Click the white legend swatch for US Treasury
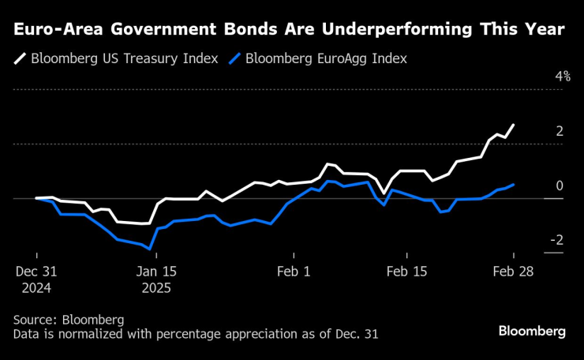(18, 59)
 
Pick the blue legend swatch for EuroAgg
(234, 59)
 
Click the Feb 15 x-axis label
(407, 270)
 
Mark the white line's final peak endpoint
(514, 125)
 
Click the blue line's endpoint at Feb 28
(514, 185)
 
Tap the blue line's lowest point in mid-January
(150, 249)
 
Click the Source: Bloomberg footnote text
(69, 320)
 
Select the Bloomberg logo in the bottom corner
(532, 332)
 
